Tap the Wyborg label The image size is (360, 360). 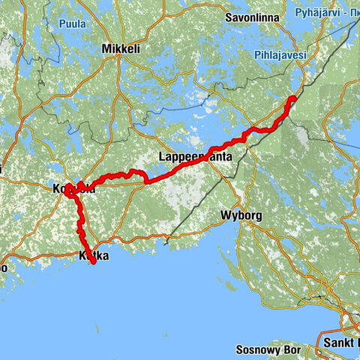(x=241, y=215)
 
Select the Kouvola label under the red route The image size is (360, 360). (x=73, y=189)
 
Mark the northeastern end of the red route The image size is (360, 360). (x=295, y=97)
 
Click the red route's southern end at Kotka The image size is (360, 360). (x=93, y=263)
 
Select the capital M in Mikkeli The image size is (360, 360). (x=106, y=49)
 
